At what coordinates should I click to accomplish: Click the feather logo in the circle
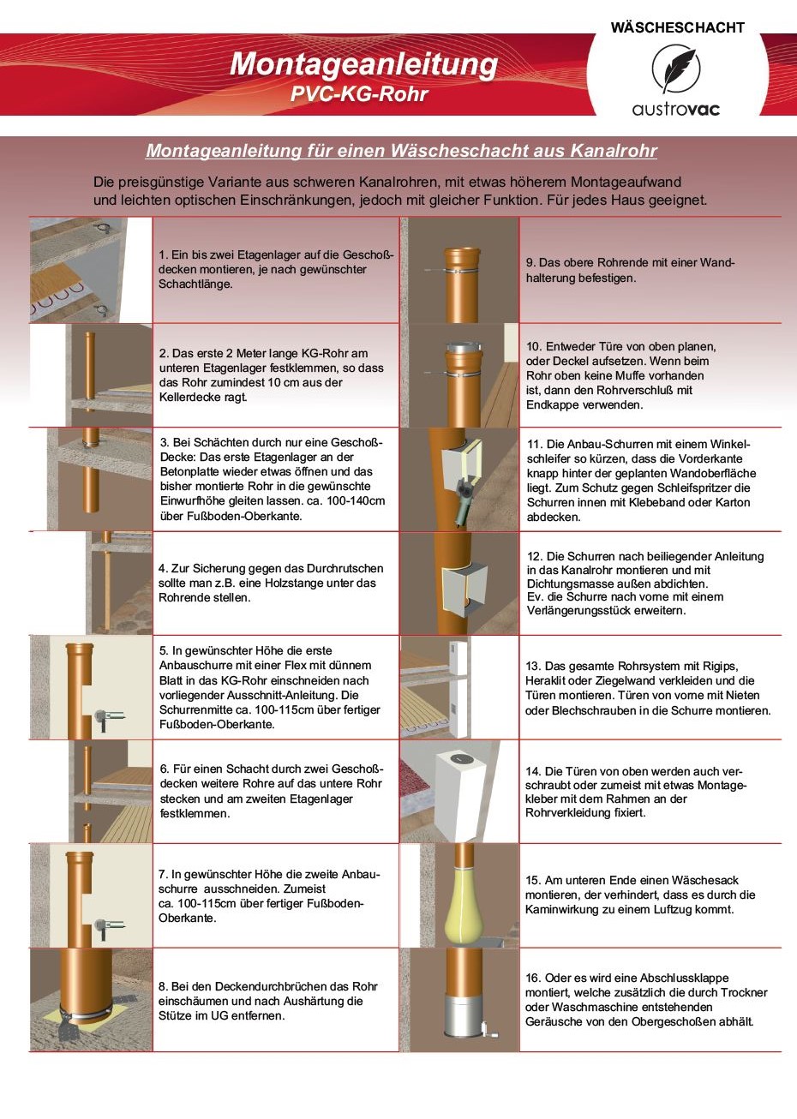[x=676, y=69]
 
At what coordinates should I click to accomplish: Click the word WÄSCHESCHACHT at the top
[x=678, y=27]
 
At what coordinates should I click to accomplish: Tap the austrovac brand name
[x=676, y=109]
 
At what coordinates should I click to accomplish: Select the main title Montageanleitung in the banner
[x=363, y=65]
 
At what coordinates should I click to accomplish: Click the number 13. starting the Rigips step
[x=533, y=666]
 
